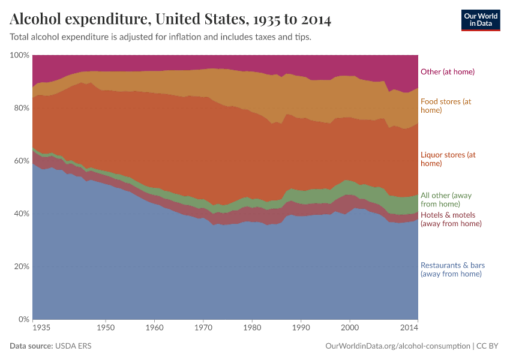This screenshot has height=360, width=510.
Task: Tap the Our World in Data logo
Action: [480, 20]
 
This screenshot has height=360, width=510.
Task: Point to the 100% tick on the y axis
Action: [20, 55]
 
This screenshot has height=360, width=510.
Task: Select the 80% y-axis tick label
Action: [21, 108]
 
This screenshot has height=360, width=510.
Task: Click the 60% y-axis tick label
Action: [21, 161]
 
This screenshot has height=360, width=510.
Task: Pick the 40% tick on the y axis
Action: [21, 214]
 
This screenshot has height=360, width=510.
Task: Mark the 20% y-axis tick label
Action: [21, 266]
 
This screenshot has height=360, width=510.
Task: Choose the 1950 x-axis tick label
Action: [106, 328]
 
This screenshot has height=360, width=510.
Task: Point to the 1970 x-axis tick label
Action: [203, 328]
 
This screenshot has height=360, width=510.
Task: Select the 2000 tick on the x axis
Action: [350, 328]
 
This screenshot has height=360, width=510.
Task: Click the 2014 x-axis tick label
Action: [409, 328]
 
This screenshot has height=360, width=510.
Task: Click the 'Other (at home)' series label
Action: [448, 72]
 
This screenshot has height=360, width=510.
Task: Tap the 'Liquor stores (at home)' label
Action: [448, 159]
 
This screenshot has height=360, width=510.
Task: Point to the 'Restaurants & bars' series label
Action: [452, 269]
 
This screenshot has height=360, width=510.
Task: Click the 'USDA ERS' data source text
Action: [73, 346]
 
